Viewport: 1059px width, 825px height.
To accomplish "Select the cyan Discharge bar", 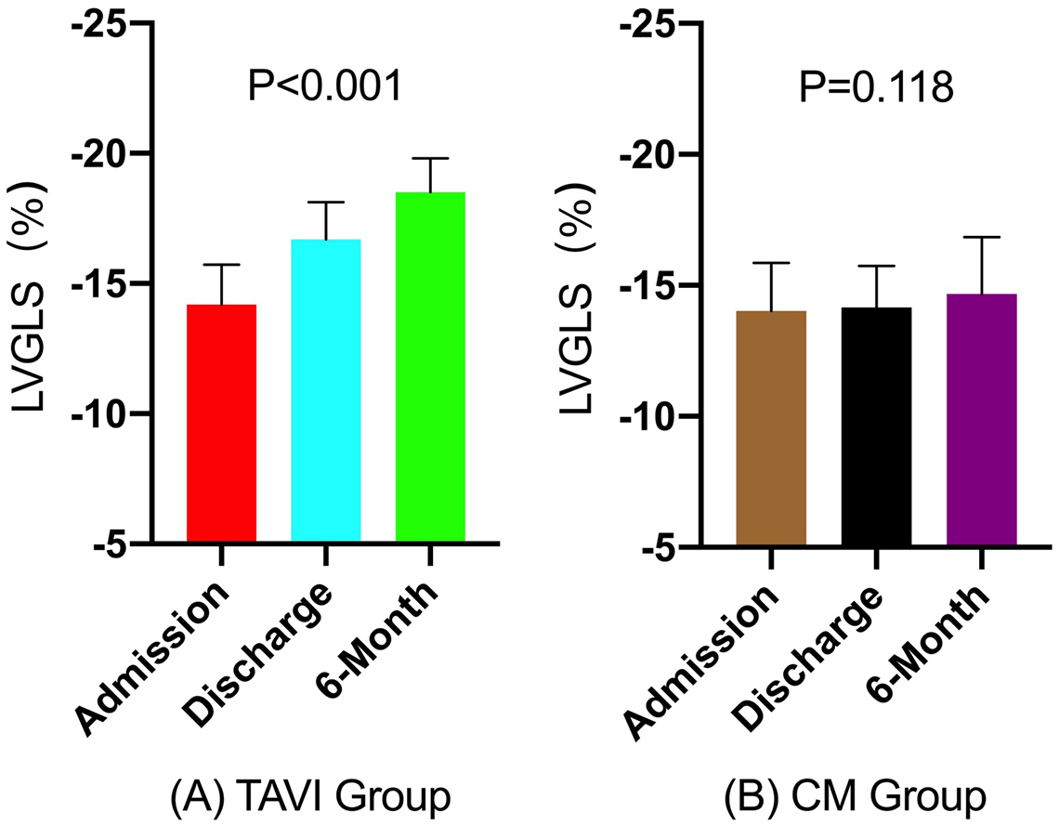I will (325, 390).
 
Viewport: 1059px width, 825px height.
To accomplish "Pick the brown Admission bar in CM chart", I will (770, 427).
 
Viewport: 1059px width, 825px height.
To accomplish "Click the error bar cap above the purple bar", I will (980, 238).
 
